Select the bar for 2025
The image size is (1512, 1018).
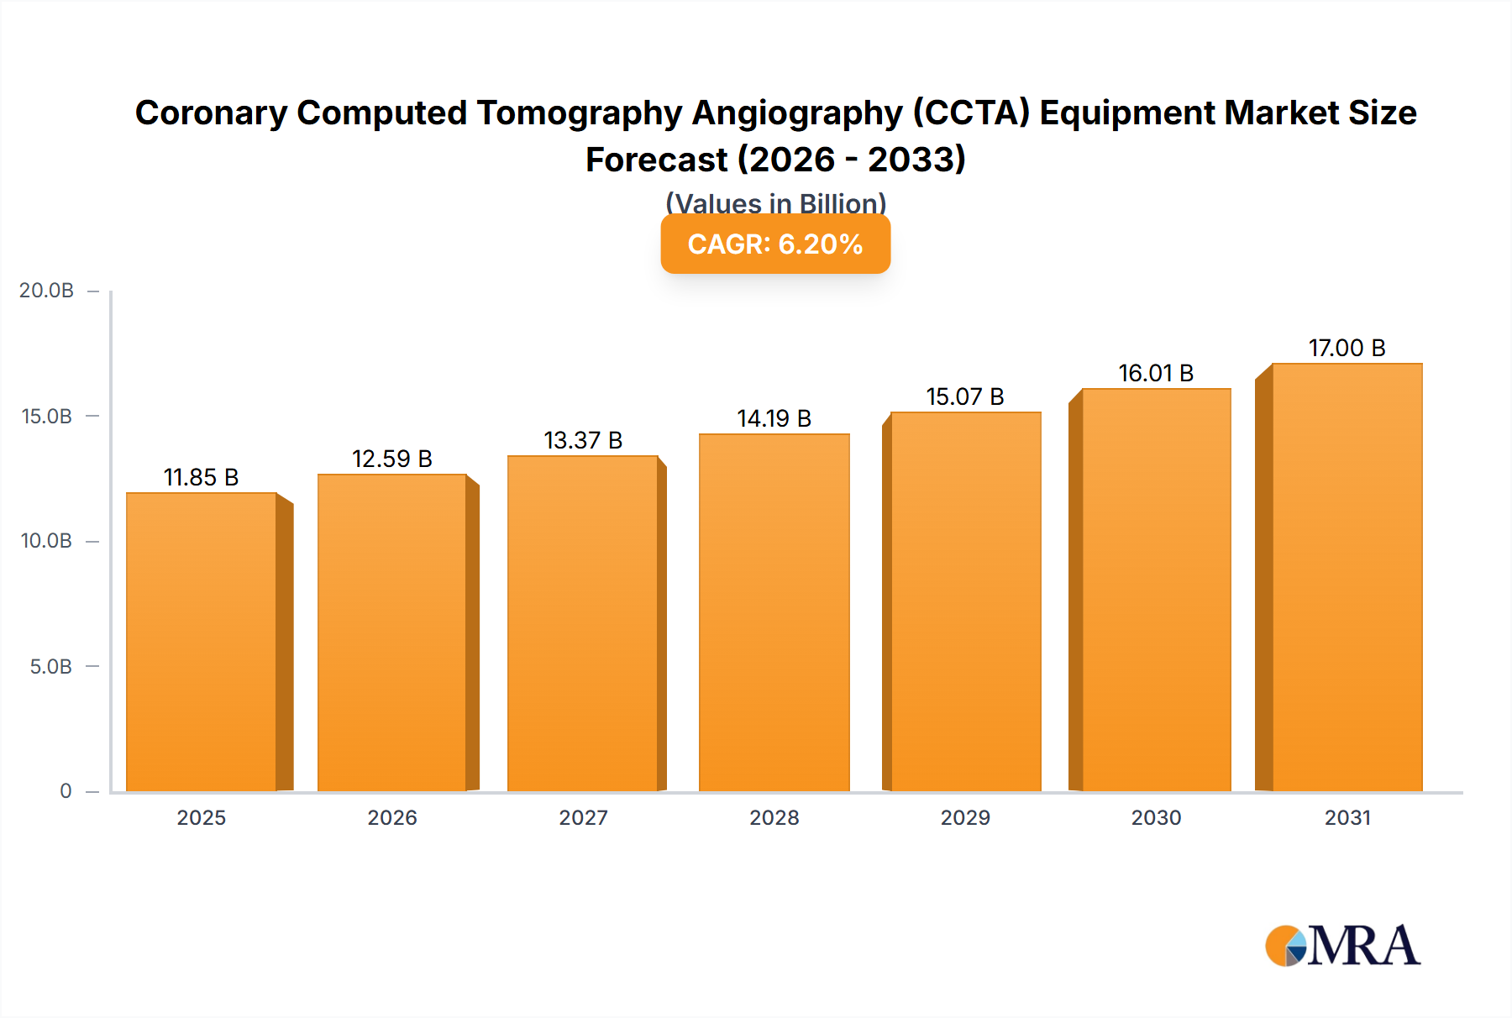tap(202, 643)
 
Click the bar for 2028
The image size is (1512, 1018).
tap(774, 613)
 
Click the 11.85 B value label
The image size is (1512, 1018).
tap(202, 478)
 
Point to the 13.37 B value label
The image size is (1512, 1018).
tap(583, 441)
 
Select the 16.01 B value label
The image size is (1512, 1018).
tap(1156, 374)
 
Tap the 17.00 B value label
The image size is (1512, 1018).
tap(1347, 349)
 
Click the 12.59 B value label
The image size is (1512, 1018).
tap(392, 459)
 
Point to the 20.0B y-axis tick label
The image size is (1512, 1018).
tap(46, 291)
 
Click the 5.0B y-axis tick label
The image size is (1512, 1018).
tap(50, 667)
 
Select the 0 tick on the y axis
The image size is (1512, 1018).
tap(66, 791)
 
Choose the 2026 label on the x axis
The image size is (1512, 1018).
tap(392, 818)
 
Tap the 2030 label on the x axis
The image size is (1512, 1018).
tap(1156, 818)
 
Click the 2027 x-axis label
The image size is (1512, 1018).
tap(583, 818)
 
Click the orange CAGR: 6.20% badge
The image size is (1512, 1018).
tap(775, 244)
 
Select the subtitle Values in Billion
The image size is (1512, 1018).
tap(775, 202)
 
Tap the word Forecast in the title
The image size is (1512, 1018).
tap(656, 160)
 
